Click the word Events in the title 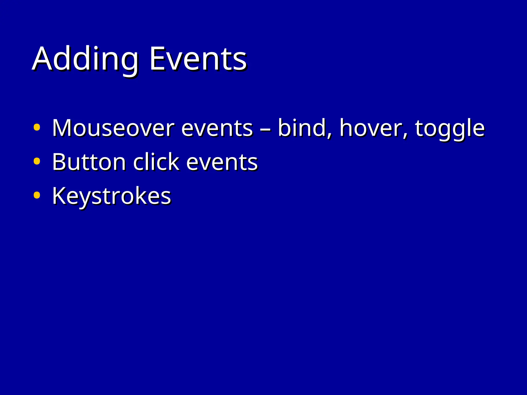[198, 59]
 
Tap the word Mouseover [113, 128]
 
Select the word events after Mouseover [217, 128]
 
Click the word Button [89, 162]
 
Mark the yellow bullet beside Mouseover [37, 127]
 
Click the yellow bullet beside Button [37, 161]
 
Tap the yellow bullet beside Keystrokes [37, 195]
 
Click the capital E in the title [157, 59]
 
